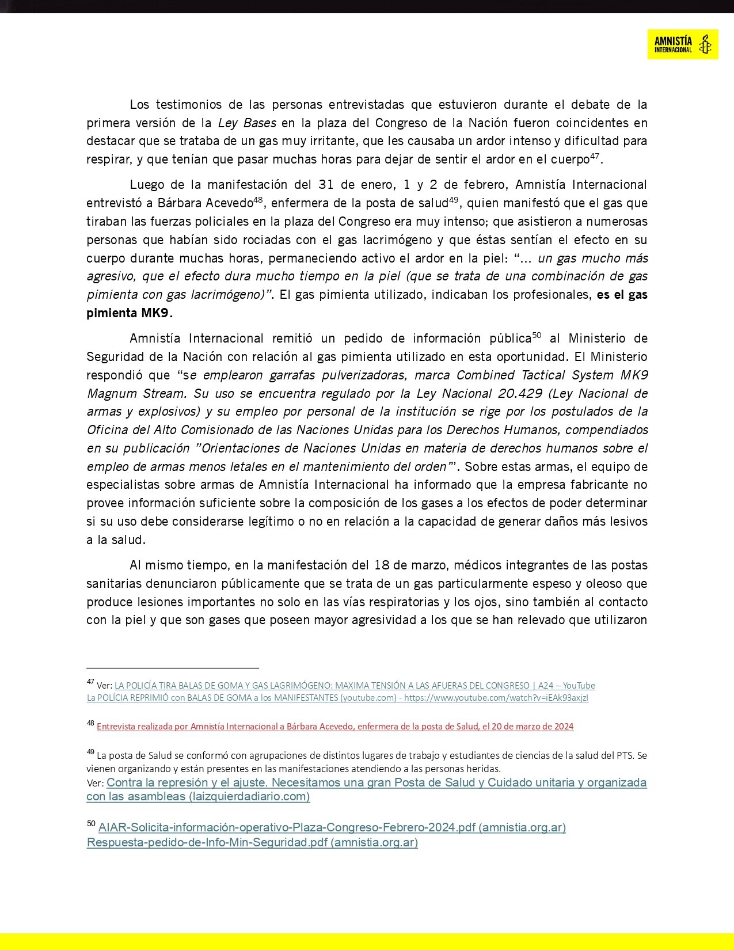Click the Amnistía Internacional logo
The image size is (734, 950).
tap(682, 44)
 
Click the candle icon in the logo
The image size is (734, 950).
tap(704, 44)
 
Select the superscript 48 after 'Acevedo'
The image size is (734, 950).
tap(258, 200)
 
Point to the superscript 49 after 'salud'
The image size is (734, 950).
tap(454, 200)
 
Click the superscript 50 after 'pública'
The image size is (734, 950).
tap(537, 335)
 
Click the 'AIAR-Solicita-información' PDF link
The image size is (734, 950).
tap(332, 827)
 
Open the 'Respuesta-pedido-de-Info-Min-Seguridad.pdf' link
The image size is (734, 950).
tap(252, 842)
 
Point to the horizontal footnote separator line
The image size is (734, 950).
tap(173, 668)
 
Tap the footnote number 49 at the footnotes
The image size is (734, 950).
tap(90, 752)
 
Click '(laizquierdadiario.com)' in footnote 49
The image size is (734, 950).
tap(249, 797)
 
